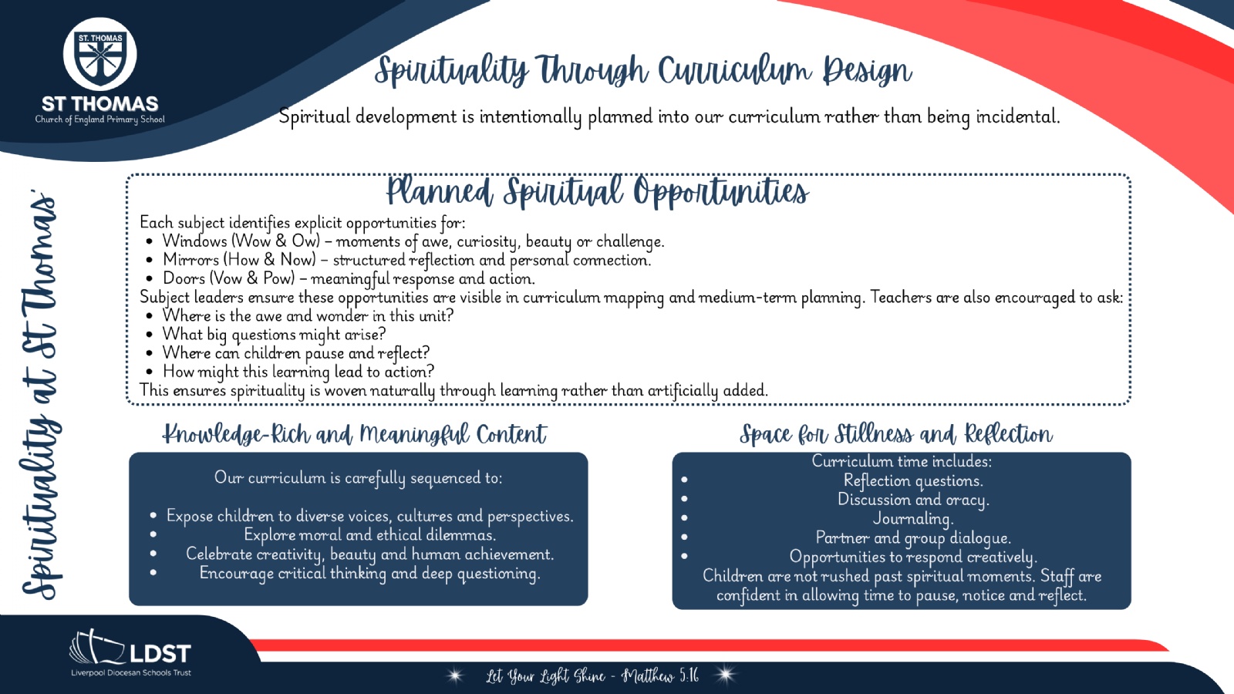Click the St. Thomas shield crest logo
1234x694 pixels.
coord(99,55)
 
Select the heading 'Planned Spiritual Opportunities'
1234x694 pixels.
coord(597,192)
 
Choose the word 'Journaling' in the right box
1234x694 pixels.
coord(913,519)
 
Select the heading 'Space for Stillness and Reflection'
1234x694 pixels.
coord(896,434)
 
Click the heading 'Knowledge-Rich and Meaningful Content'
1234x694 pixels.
coord(354,434)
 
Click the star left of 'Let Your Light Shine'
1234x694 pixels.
coord(455,675)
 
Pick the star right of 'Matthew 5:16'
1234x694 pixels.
coord(725,675)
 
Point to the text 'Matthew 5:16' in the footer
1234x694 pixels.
coord(660,675)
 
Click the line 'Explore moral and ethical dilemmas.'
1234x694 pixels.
coord(369,535)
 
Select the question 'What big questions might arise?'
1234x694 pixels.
coord(274,335)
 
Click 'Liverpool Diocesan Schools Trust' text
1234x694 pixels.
coord(131,672)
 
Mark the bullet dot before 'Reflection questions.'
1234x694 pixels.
coord(684,480)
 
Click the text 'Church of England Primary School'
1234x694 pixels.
coord(99,120)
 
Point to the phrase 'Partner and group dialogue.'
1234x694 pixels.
coord(913,537)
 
